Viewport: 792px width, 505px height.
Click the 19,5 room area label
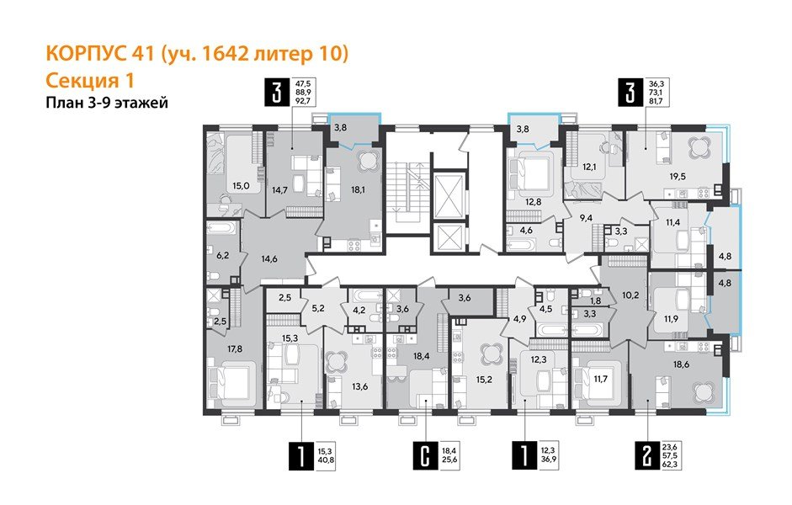point(677,178)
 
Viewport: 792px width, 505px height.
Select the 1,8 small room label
point(597,300)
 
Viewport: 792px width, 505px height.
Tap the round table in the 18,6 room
point(699,391)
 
